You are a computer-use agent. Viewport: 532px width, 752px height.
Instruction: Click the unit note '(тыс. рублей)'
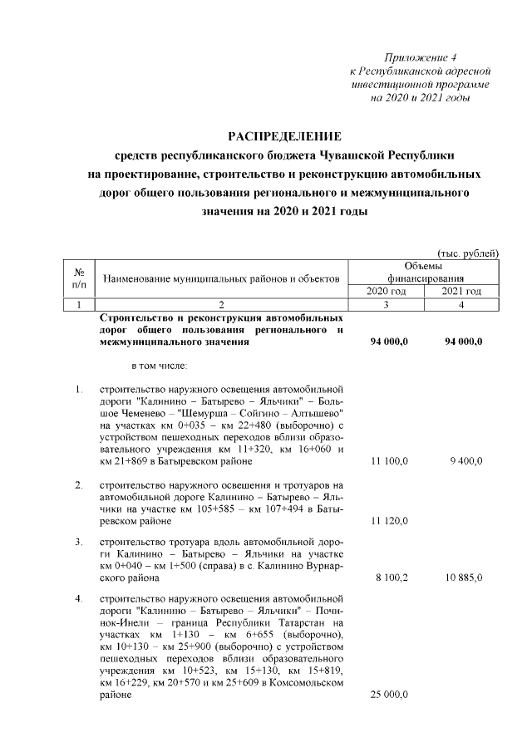point(467,253)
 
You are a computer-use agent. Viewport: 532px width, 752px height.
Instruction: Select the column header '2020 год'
point(386,292)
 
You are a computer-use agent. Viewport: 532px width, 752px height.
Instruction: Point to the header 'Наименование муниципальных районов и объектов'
point(220,278)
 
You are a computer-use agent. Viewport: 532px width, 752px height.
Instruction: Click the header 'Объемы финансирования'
point(424,272)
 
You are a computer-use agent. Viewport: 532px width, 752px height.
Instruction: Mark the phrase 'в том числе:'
point(160,365)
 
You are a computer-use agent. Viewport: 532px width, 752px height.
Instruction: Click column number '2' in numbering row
point(221,305)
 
